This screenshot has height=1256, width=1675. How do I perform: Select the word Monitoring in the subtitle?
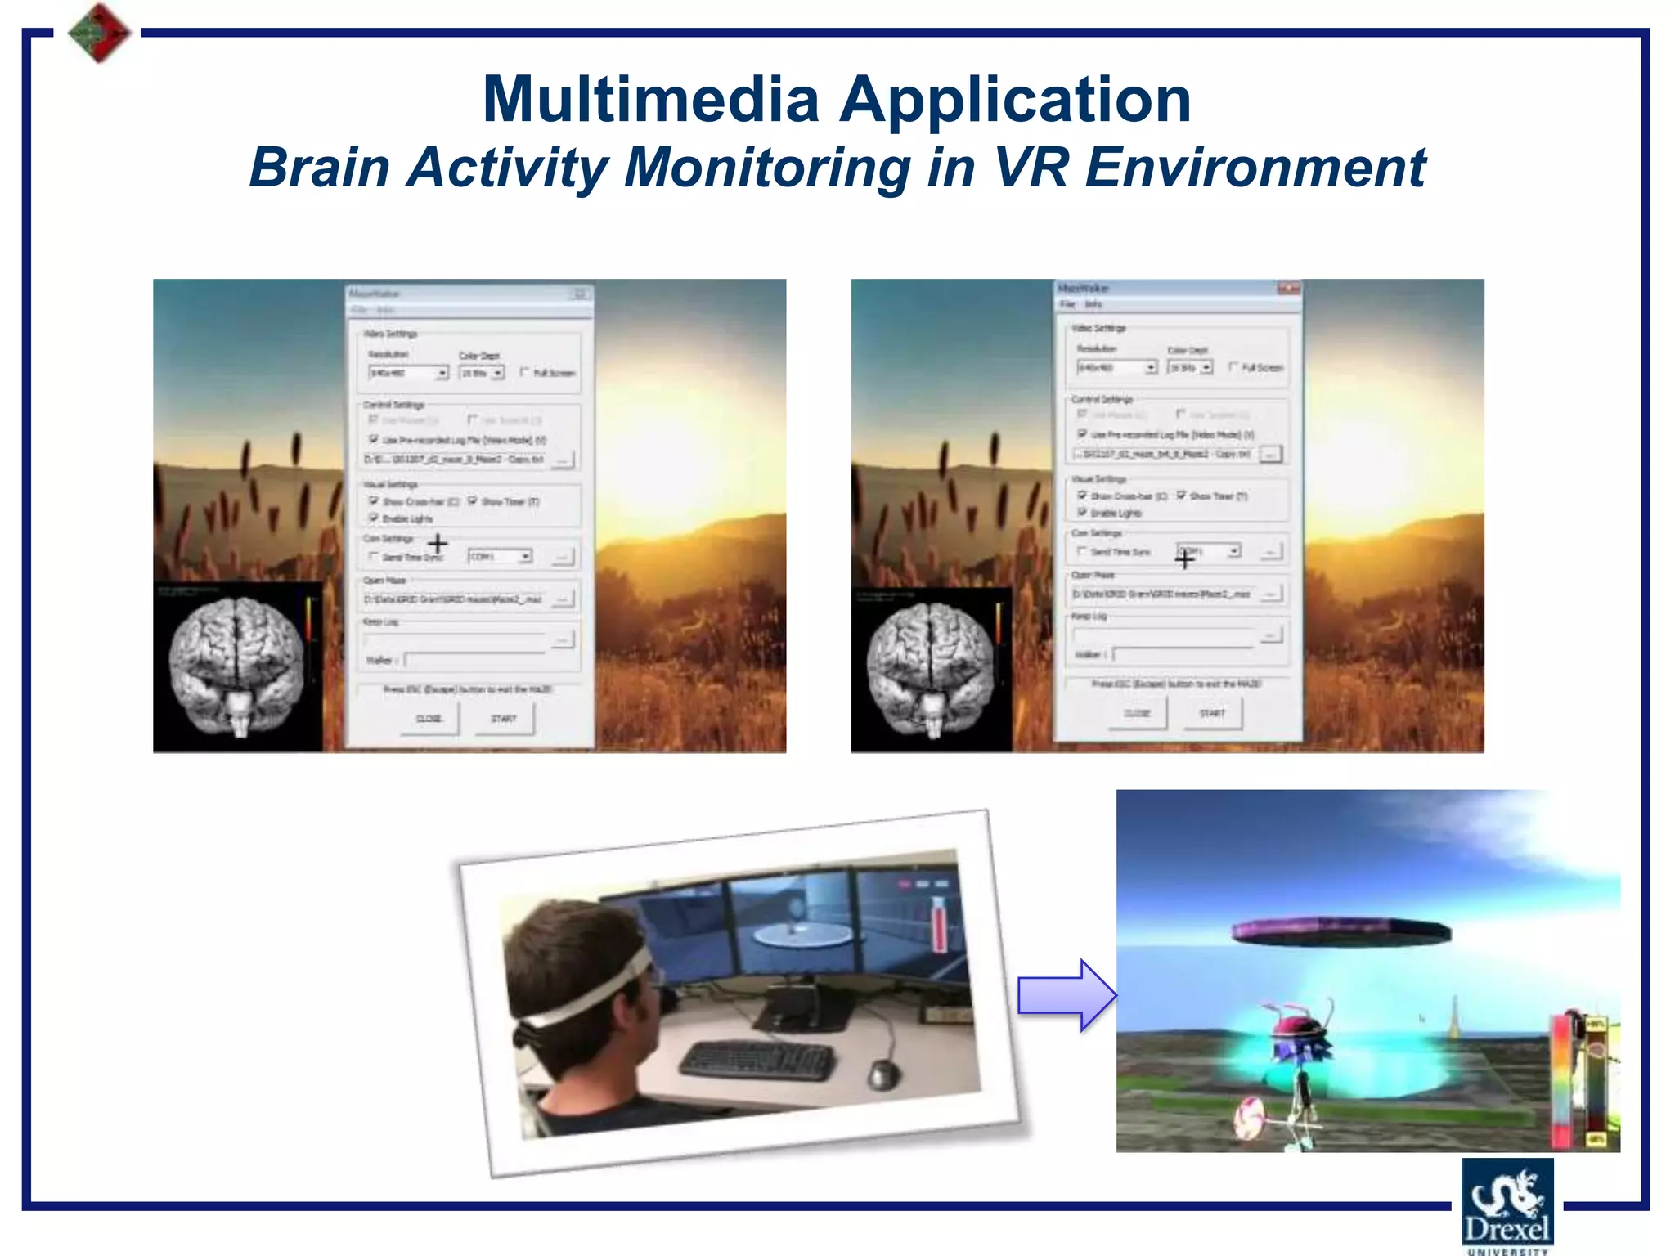[767, 168]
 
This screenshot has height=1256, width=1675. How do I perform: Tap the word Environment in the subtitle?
[1255, 168]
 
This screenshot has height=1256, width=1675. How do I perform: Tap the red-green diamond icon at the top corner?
[99, 33]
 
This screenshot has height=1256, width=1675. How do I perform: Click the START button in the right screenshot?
[1212, 713]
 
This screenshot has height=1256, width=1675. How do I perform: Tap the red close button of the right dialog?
[1288, 289]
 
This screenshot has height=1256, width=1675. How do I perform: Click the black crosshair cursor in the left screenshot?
[438, 543]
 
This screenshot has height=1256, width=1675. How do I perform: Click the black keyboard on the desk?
[757, 1060]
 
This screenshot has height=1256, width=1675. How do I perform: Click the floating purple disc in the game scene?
[1340, 929]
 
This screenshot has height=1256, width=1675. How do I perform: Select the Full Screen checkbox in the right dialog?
[1233, 367]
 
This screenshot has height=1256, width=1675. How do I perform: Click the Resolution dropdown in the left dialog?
[408, 373]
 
